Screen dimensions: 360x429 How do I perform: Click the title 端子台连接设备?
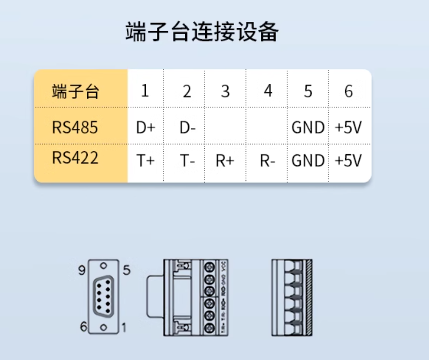tap(202, 33)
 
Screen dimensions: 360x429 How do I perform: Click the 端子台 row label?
tap(76, 91)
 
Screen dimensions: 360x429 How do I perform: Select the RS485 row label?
tap(75, 127)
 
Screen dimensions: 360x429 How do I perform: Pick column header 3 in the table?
tap(225, 91)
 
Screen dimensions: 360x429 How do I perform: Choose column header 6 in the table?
tap(348, 91)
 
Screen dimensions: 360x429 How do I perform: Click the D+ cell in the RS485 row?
tap(145, 128)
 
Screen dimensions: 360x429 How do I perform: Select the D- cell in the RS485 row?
tap(187, 128)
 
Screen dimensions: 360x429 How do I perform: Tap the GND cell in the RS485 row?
tap(308, 128)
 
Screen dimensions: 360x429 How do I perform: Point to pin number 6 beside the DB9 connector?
tap(83, 327)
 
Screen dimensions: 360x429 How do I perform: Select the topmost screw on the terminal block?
tap(210, 267)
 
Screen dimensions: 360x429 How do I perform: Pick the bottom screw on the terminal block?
tap(210, 328)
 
